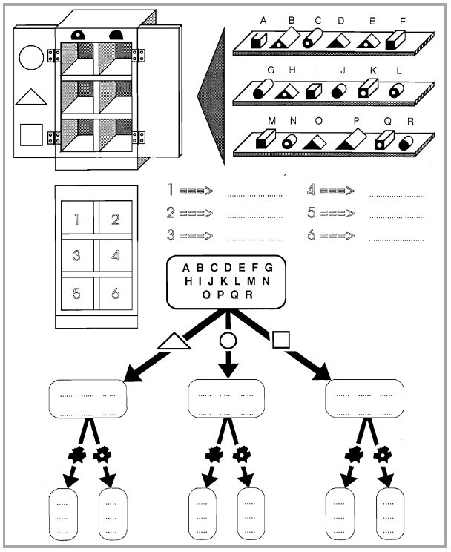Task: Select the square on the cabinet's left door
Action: pyautogui.click(x=31, y=135)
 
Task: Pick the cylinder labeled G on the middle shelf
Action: pyautogui.click(x=263, y=89)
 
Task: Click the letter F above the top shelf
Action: pyautogui.click(x=403, y=21)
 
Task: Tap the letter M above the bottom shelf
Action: pyautogui.click(x=271, y=121)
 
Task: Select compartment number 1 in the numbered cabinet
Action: pyautogui.click(x=77, y=217)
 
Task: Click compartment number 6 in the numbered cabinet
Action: pyautogui.click(x=116, y=294)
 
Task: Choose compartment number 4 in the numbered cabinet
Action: pyautogui.click(x=116, y=255)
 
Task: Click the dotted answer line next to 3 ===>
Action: pyautogui.click(x=255, y=240)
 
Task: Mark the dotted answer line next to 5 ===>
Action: pyautogui.click(x=397, y=218)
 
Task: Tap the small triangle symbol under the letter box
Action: pyautogui.click(x=174, y=341)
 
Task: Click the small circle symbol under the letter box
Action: pyautogui.click(x=228, y=341)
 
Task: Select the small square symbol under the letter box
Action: pyautogui.click(x=281, y=340)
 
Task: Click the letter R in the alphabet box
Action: pyautogui.click(x=249, y=295)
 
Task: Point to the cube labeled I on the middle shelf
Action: pyautogui.click(x=314, y=91)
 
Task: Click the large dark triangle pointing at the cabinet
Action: pyautogui.click(x=211, y=96)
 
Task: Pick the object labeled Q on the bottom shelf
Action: pyautogui.click(x=384, y=140)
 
